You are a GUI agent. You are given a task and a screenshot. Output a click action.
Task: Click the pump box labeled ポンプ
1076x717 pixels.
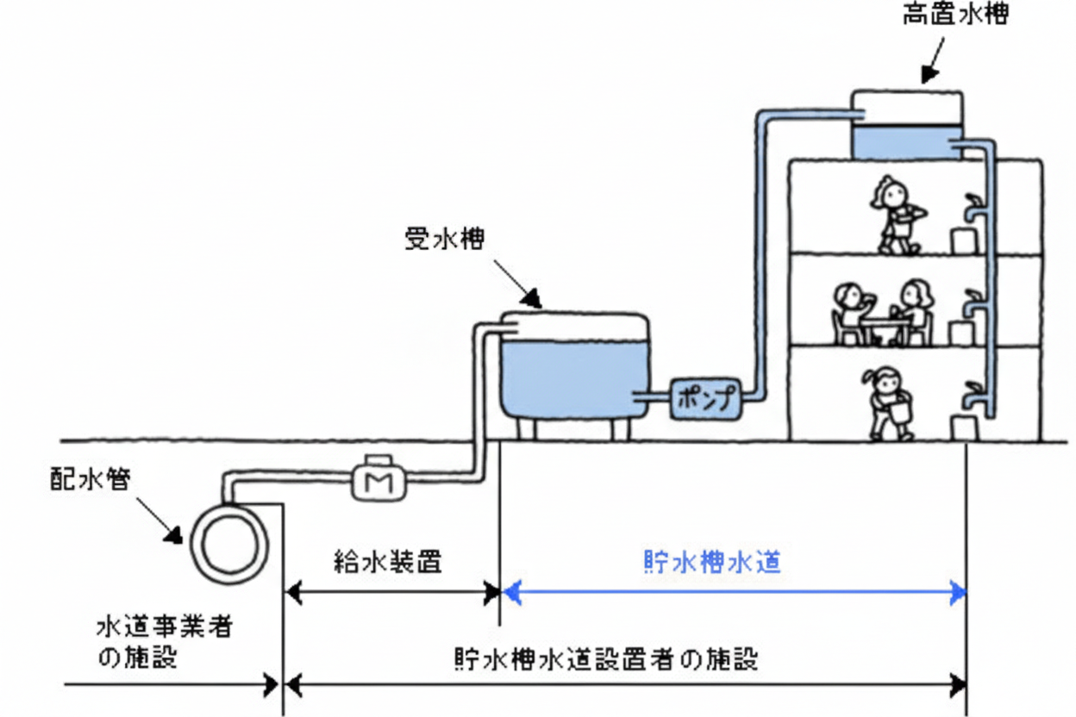click(704, 399)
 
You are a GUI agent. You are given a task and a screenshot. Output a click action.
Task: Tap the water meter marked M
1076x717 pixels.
click(374, 481)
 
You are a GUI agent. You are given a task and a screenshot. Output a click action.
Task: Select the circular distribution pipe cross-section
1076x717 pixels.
click(229, 545)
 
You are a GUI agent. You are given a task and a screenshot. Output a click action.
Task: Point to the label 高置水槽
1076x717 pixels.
click(954, 16)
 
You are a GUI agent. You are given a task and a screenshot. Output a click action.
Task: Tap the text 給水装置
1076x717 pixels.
click(387, 563)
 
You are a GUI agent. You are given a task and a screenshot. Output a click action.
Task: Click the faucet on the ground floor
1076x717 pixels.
click(973, 396)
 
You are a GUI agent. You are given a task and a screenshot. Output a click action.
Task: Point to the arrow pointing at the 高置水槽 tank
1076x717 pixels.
click(932, 62)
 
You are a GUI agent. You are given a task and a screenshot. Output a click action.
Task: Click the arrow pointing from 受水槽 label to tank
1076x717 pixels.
click(516, 284)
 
